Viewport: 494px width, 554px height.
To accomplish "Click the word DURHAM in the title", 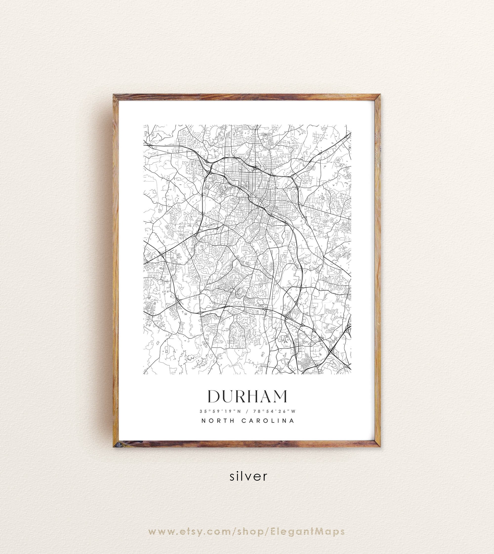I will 247,396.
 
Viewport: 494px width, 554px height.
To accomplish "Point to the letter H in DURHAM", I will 253,396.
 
